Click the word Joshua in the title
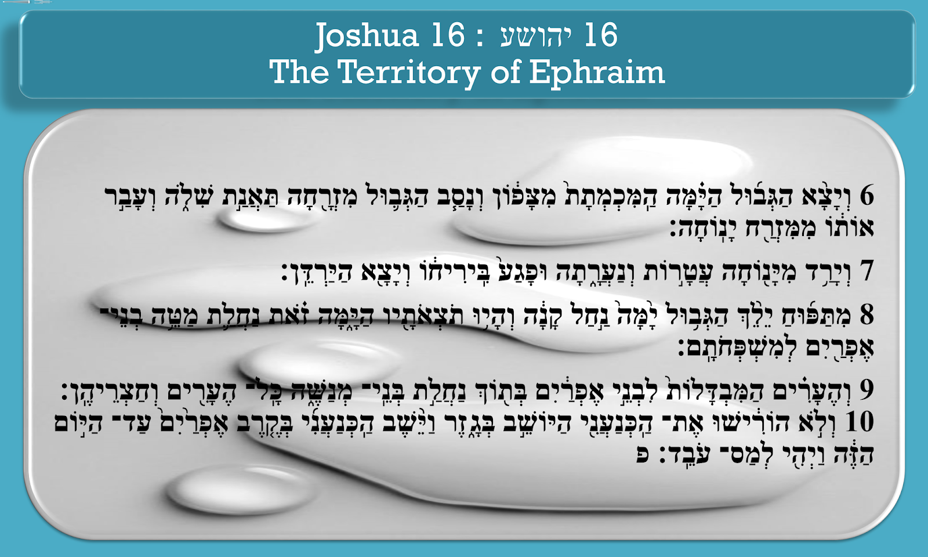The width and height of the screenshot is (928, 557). click(367, 36)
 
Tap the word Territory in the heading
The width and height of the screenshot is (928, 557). click(409, 73)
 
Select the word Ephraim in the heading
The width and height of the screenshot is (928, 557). click(597, 73)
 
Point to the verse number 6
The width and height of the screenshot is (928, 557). click(867, 196)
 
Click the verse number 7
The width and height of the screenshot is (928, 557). click(867, 271)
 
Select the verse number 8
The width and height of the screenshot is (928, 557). click(867, 314)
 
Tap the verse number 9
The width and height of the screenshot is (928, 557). click(867, 390)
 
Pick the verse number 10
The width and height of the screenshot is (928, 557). click(859, 422)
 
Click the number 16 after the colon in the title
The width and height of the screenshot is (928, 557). click(448, 36)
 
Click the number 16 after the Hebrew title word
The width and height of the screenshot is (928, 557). click(601, 36)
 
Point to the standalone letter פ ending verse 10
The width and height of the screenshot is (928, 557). click(643, 454)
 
